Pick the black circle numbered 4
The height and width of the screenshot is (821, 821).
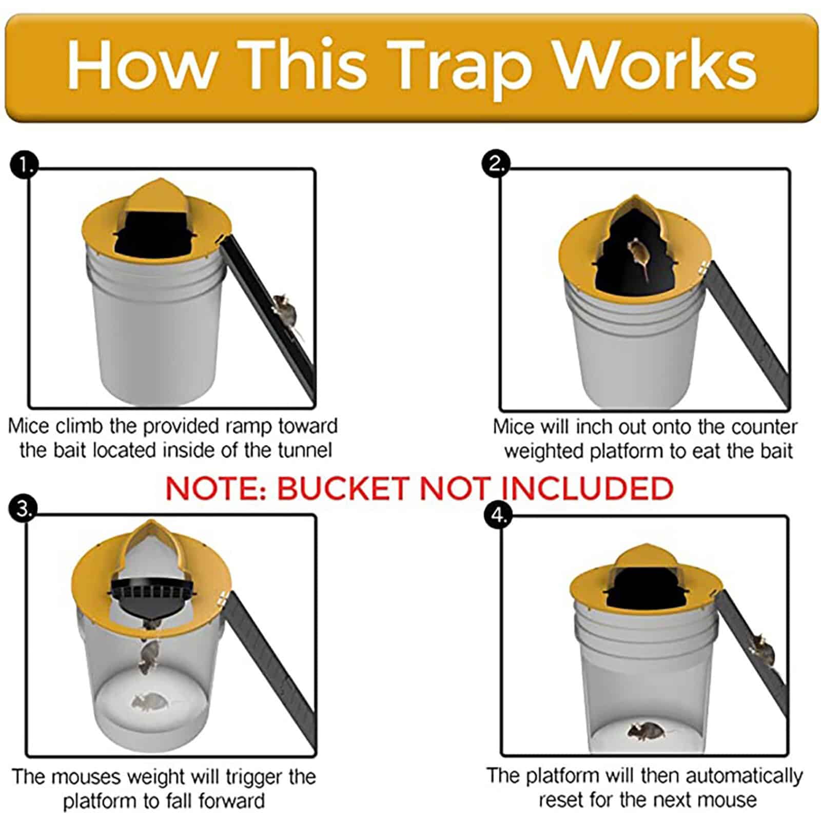tap(498, 515)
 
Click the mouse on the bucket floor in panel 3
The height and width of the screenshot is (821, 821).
tap(149, 702)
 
